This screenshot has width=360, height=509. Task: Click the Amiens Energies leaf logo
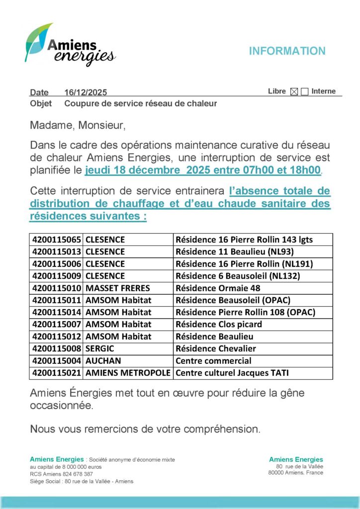[x=70, y=46]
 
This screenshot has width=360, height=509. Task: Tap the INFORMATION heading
[x=287, y=51]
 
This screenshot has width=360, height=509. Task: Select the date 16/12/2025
[x=86, y=92]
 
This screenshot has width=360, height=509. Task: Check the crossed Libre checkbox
[x=294, y=91]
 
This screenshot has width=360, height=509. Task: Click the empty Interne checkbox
[x=305, y=91]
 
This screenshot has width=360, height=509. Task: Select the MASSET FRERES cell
[x=118, y=288]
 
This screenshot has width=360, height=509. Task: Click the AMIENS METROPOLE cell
[x=128, y=373]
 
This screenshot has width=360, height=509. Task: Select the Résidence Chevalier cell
[x=216, y=348]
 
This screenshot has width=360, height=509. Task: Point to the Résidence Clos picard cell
[x=219, y=324]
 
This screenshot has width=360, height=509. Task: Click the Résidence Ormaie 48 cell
[x=218, y=288]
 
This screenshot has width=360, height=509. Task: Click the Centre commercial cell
[x=213, y=361]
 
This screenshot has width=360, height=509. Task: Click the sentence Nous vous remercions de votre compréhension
[x=145, y=428]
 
